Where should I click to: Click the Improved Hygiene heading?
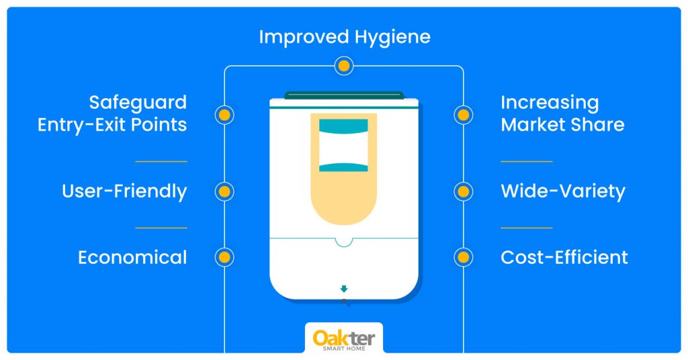click(x=345, y=38)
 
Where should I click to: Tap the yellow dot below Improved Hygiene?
click(x=344, y=66)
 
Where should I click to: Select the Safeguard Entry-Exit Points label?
click(x=112, y=114)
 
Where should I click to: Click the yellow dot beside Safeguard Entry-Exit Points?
click(x=224, y=115)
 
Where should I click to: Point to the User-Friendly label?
click(x=124, y=191)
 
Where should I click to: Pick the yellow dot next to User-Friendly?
click(x=224, y=191)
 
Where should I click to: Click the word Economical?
click(x=132, y=257)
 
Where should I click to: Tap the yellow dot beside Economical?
click(x=224, y=257)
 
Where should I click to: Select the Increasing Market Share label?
click(x=562, y=114)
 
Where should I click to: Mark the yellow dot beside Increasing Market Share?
click(x=464, y=115)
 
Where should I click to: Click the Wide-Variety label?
click(x=563, y=191)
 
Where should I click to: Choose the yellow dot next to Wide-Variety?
click(x=464, y=191)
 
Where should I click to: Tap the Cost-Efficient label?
click(x=564, y=257)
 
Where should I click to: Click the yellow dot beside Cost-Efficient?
click(x=464, y=257)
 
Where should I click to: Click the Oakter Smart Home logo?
click(x=344, y=339)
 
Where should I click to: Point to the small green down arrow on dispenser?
click(x=344, y=289)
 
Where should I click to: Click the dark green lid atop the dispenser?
click(x=344, y=95)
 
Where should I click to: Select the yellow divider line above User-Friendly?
click(x=161, y=161)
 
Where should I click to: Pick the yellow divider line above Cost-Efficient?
click(x=527, y=228)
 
